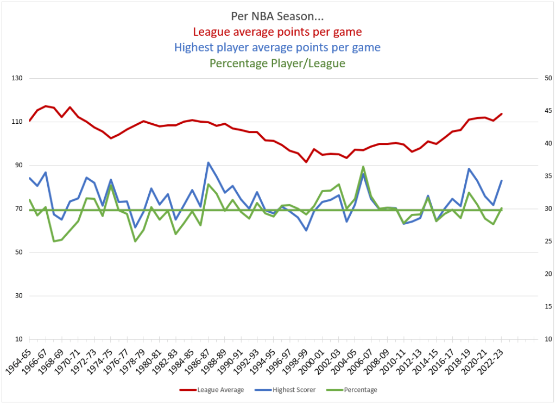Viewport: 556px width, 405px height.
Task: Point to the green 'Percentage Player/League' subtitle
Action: click(x=277, y=63)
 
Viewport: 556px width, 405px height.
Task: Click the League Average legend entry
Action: click(x=213, y=389)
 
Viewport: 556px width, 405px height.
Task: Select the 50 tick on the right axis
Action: click(x=533, y=78)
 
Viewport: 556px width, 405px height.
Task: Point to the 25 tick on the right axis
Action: click(x=533, y=242)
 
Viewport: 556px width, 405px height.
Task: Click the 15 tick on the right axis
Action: click(x=533, y=307)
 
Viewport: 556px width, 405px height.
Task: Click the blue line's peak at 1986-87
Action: click(x=208, y=162)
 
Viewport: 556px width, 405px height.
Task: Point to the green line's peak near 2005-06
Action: click(x=363, y=167)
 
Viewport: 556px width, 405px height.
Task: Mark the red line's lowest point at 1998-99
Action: click(x=306, y=162)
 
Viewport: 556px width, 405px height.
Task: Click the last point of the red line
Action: click(x=502, y=114)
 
